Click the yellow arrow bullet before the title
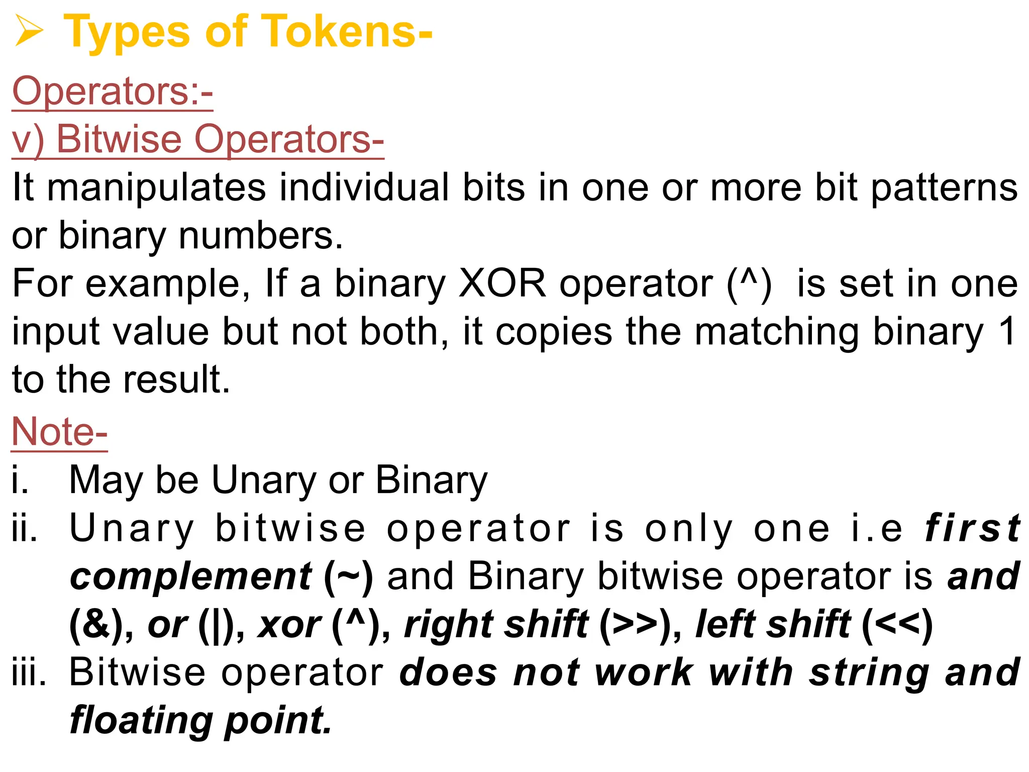[x=29, y=31]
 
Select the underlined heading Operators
[x=113, y=91]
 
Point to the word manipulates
[x=156, y=187]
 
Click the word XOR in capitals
[x=502, y=283]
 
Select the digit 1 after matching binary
[x=1007, y=331]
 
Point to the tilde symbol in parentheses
[x=348, y=576]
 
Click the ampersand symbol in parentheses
[x=95, y=625]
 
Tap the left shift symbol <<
[x=897, y=625]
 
